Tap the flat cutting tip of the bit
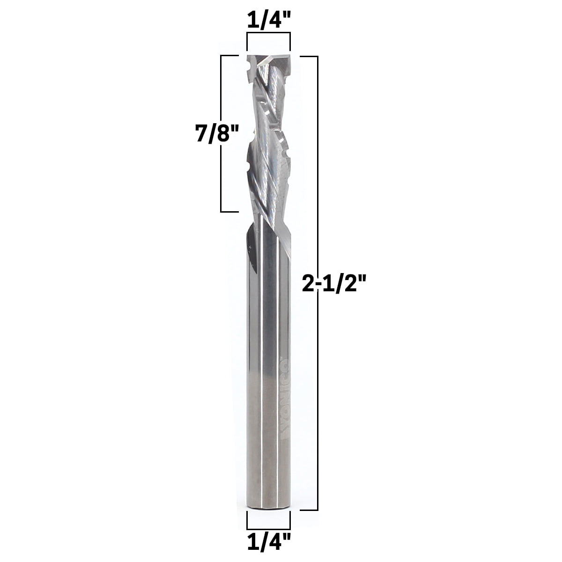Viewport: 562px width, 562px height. pyautogui.click(x=268, y=60)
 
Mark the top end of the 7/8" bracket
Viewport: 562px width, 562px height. pyautogui.click(x=229, y=56)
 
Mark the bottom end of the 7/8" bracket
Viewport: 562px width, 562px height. pyautogui.click(x=229, y=211)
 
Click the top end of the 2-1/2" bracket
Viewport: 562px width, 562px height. pyautogui.click(x=309, y=56)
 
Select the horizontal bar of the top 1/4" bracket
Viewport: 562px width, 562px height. pyautogui.click(x=268, y=33)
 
